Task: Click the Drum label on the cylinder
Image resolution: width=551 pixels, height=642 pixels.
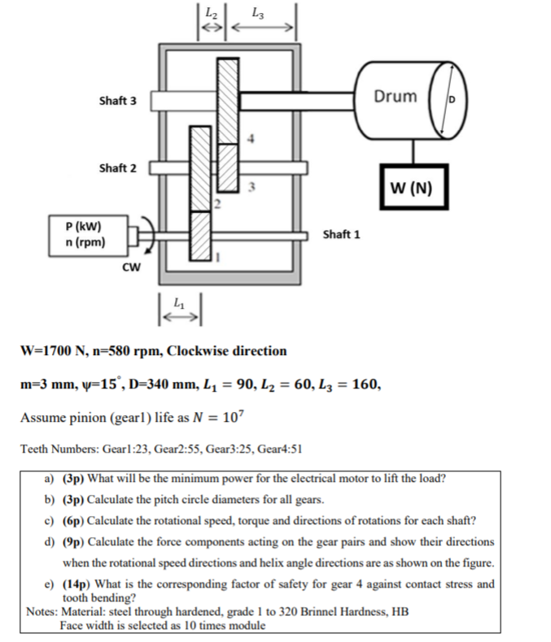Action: pos(395,97)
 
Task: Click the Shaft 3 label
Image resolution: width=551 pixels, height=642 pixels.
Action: pos(118,102)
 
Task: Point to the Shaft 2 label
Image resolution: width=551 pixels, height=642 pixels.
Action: pos(118,168)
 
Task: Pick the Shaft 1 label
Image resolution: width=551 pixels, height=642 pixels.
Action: pos(342,234)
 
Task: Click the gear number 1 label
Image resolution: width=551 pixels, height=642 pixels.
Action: pos(217,258)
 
